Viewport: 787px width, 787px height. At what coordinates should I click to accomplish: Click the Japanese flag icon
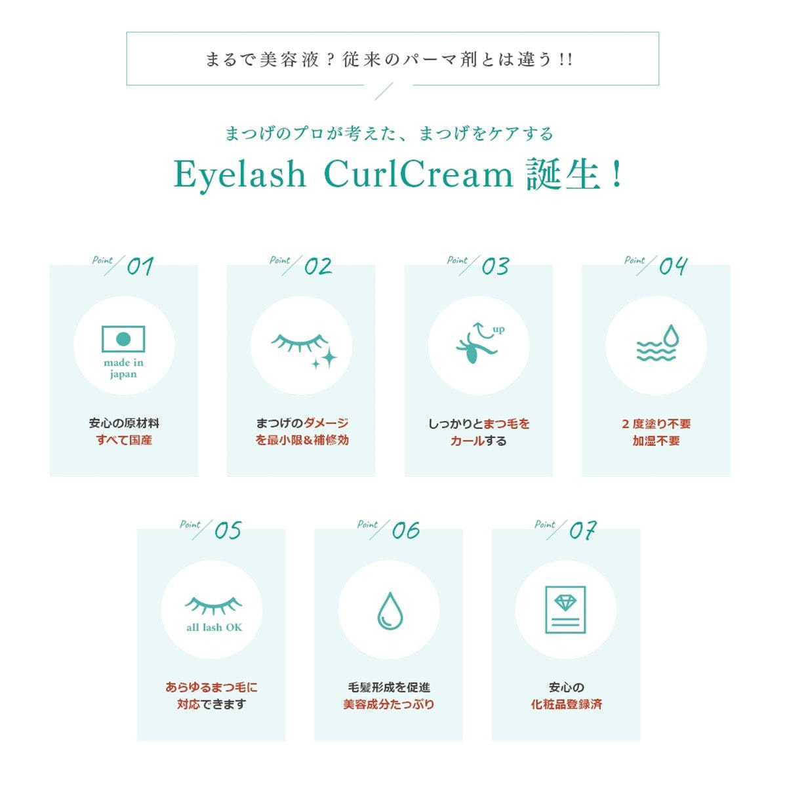point(123,338)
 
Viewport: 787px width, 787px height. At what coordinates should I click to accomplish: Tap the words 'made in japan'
point(123,369)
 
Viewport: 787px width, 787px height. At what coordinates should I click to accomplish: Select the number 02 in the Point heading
point(317,266)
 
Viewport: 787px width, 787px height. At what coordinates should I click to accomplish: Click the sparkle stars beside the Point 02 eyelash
point(325,360)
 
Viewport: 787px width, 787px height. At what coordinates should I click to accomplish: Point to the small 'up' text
point(498,329)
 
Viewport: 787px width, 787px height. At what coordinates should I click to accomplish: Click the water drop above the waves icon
point(671,336)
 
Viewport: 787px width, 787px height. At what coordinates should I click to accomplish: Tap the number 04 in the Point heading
point(673,266)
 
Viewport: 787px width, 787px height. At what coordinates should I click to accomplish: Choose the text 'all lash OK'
point(214,628)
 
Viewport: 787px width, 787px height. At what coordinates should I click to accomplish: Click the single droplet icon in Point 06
point(390,611)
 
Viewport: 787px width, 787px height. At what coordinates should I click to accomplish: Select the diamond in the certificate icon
point(565,603)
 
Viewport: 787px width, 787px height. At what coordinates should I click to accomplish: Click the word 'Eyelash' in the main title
point(240,175)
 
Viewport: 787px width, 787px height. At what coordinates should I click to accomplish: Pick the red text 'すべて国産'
point(124,440)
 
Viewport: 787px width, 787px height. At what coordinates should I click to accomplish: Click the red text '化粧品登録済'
point(566,704)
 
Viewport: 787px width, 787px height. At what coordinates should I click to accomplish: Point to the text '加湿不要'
point(656,441)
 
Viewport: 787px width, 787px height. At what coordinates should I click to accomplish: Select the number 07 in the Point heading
point(583,531)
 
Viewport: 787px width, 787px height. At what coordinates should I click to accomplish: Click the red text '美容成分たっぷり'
point(388,704)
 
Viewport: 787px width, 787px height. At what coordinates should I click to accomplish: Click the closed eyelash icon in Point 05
point(213,606)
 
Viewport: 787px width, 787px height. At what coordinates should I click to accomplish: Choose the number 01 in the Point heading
point(140,266)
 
